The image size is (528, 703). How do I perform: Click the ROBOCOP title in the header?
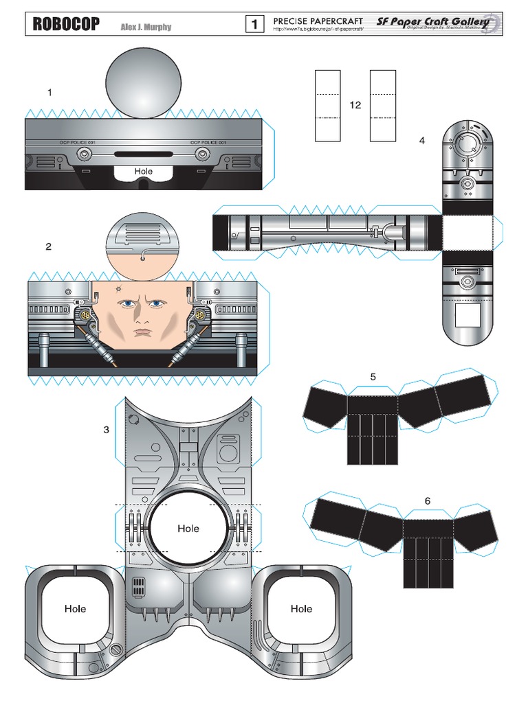tap(66, 25)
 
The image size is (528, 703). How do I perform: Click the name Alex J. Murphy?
tap(146, 27)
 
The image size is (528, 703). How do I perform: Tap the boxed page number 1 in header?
tap(254, 25)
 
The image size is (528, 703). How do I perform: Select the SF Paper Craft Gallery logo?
tap(434, 23)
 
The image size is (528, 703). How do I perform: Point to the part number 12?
tap(355, 105)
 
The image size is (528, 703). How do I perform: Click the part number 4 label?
tap(421, 141)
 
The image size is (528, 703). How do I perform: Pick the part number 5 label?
tap(373, 376)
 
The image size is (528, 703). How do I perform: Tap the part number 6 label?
tap(427, 501)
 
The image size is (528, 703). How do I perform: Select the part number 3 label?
tap(106, 430)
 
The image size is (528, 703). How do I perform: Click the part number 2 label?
tap(48, 246)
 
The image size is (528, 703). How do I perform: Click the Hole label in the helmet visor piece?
tap(144, 171)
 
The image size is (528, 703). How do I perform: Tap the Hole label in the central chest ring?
tap(188, 529)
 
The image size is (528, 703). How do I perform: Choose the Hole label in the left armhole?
tap(75, 608)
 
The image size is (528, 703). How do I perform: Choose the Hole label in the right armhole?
tap(301, 608)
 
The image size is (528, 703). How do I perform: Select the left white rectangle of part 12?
tap(329, 105)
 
